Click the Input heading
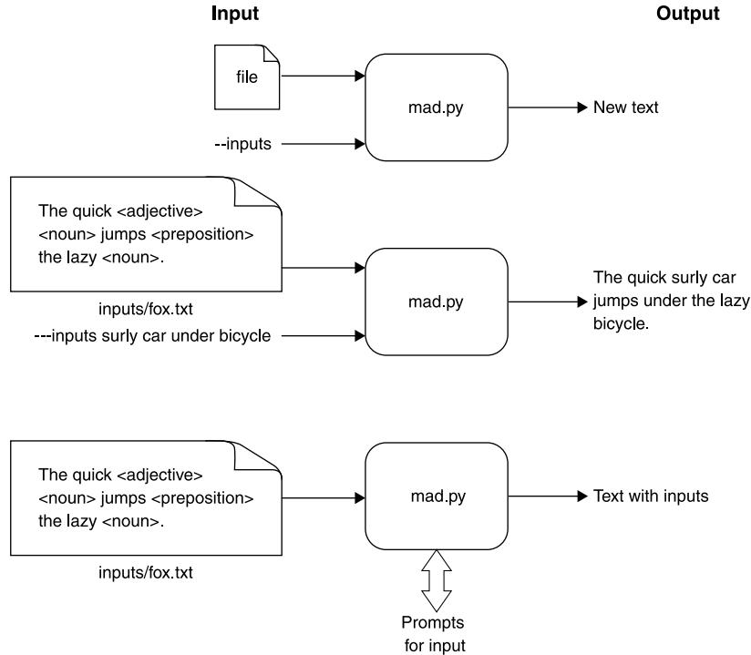(x=235, y=14)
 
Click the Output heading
(x=687, y=14)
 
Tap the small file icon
(x=247, y=77)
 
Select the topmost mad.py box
(x=437, y=107)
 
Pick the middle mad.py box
(x=437, y=302)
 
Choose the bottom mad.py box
(x=437, y=496)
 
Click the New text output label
(x=625, y=107)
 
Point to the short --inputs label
(x=242, y=143)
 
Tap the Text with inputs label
(x=651, y=496)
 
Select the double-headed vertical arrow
(x=437, y=580)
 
